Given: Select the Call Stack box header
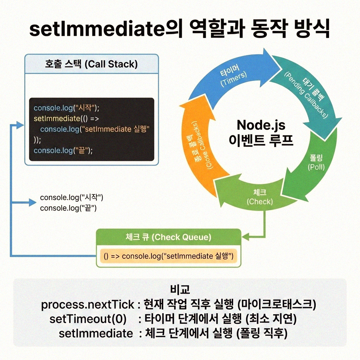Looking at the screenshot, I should click(91, 64).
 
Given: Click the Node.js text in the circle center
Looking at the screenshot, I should click(261, 125).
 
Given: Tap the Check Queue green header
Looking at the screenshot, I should click(168, 237).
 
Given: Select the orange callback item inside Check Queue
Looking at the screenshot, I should click(168, 256).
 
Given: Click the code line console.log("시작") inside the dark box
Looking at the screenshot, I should click(67, 108).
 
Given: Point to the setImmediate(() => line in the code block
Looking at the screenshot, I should click(67, 118).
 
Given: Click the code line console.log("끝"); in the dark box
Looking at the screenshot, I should click(63, 150).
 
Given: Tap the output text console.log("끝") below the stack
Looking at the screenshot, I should click(68, 208).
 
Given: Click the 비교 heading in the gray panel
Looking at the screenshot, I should click(180, 290).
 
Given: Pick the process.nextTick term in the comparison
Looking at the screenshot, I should click(88, 304).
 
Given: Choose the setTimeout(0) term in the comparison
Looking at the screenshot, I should click(88, 319).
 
